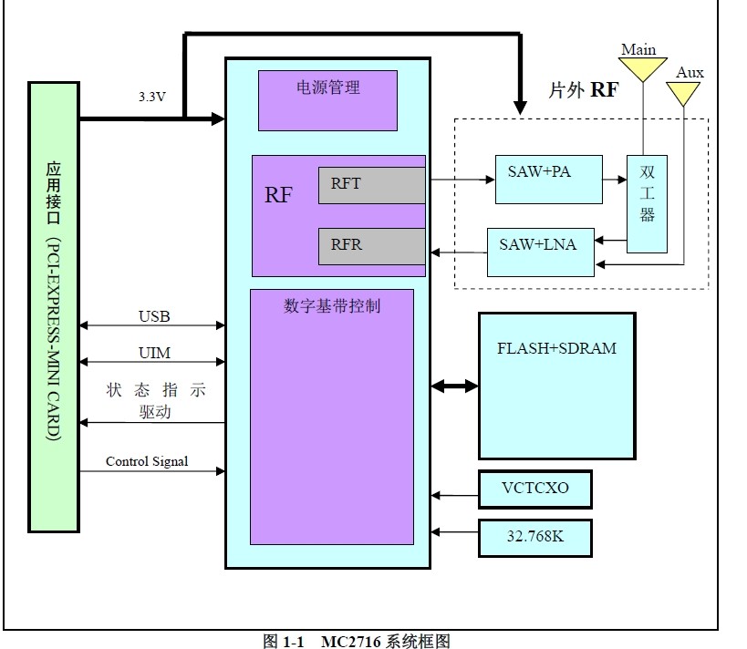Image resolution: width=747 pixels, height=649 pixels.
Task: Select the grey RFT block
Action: point(371,185)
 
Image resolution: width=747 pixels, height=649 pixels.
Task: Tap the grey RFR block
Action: point(371,246)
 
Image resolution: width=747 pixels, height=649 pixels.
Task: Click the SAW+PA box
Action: point(547,179)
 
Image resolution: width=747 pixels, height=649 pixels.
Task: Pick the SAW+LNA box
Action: point(540,252)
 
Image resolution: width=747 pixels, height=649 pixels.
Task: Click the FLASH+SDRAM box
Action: point(556,386)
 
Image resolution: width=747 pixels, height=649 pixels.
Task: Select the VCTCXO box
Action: point(534,489)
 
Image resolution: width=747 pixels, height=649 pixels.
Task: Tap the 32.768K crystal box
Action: point(534,537)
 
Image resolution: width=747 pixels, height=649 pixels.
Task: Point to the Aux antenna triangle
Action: point(683,93)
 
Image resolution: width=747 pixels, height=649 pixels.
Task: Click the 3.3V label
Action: point(151,96)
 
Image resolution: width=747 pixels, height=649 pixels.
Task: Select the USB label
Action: point(153,317)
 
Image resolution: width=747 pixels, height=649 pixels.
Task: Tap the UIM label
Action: point(153,353)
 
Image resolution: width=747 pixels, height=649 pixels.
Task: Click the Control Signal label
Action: point(147,461)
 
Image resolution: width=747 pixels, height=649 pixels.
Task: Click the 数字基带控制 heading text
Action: point(332,306)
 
